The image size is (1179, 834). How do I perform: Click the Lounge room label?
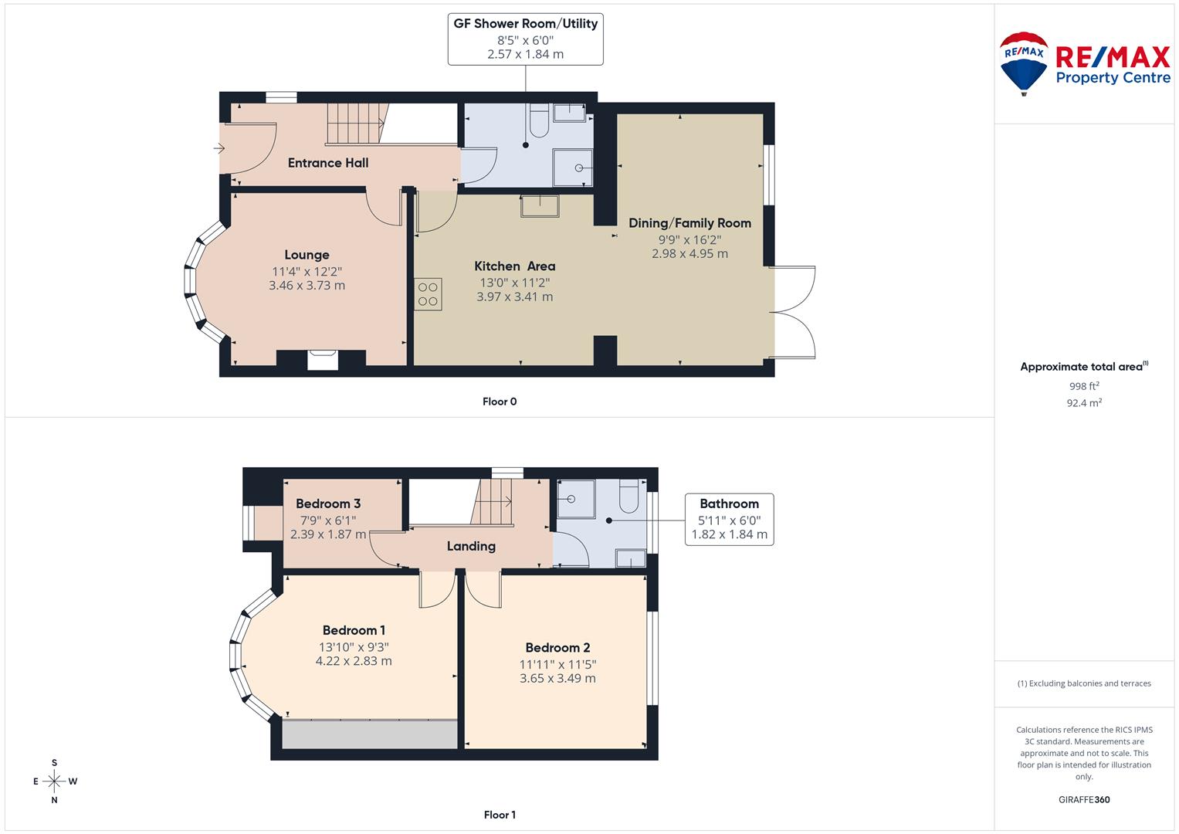coord(307,255)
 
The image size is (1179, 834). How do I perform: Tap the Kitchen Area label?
coord(514,266)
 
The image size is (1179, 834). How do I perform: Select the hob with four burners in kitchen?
coord(428,294)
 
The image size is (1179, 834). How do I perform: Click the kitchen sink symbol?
coord(540,207)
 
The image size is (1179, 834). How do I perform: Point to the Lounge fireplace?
coord(323,360)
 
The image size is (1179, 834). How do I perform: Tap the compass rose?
coord(54,781)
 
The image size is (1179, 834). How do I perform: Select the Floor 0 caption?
coord(500,402)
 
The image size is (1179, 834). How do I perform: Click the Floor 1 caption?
coord(500,815)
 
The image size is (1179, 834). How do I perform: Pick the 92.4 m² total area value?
coord(1084,402)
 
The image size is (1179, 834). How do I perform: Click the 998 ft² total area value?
coord(1084,386)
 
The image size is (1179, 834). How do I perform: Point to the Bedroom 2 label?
coord(557,648)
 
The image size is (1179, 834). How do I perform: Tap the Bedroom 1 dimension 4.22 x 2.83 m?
coord(354,661)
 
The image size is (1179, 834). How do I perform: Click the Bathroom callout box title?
coord(729,503)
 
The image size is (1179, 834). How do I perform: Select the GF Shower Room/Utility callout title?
coord(525,24)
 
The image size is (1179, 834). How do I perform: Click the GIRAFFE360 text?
coord(1084,799)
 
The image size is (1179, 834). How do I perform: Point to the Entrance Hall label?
coord(328,163)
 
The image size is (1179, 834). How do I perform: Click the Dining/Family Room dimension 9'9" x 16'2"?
coord(689,239)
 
